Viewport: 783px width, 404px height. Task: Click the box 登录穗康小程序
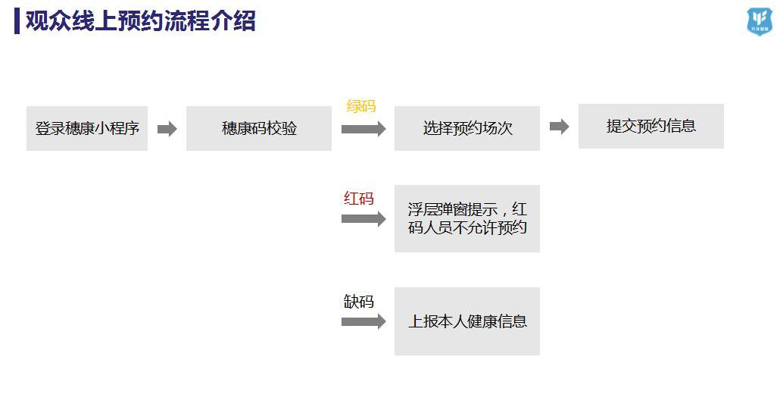tap(87, 128)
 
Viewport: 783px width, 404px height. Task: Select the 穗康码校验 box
tap(259, 128)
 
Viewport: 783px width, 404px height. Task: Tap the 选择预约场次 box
tap(467, 128)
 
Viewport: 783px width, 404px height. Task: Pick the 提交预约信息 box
tap(651, 126)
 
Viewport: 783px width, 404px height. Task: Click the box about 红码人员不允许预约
tap(467, 218)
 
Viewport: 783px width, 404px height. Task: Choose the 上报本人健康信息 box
tap(467, 321)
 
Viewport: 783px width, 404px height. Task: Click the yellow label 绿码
tap(360, 106)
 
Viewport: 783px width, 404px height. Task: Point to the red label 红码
tap(359, 199)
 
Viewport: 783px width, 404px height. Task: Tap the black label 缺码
tap(359, 301)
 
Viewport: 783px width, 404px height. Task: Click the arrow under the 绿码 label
tap(363, 129)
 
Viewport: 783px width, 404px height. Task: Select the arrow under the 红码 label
tap(363, 219)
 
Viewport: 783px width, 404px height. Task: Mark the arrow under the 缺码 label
tap(363, 321)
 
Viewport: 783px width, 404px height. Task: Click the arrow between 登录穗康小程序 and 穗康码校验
tap(167, 129)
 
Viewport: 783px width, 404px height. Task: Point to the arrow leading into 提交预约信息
tap(559, 127)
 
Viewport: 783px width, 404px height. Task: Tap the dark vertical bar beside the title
tap(17, 21)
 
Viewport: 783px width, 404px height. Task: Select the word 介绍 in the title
tap(232, 21)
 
